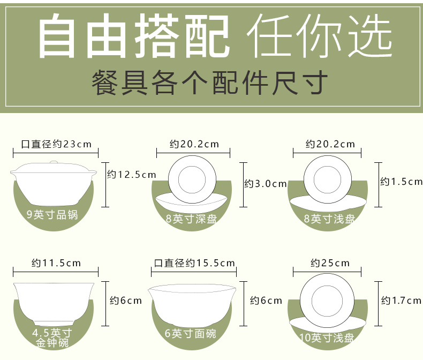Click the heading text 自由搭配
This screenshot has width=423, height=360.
pos(133,35)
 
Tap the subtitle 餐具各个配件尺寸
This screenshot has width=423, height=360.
pos(210,82)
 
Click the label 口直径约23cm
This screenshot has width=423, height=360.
pos(56,144)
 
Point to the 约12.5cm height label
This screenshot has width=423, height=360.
pos(131,174)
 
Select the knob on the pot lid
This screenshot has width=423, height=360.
pos(54,162)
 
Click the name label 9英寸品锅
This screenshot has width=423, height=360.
pos(52,215)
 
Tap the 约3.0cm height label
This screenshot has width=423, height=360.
pos(265,184)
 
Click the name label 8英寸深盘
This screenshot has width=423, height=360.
pos(191,219)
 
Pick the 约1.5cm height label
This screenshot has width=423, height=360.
pos(401,182)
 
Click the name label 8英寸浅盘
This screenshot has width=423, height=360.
pos(329,219)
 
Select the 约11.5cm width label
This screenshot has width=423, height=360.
pos(56,263)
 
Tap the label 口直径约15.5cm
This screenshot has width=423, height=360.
pos(194,263)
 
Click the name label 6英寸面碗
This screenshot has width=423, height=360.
pos(191,334)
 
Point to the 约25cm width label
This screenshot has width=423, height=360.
pos(330,263)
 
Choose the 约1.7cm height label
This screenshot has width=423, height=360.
pos(401,301)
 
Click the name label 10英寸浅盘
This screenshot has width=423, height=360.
pos(327,337)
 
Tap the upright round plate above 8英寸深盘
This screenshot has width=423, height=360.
pos(192,179)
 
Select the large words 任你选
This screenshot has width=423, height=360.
pos(320,35)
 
